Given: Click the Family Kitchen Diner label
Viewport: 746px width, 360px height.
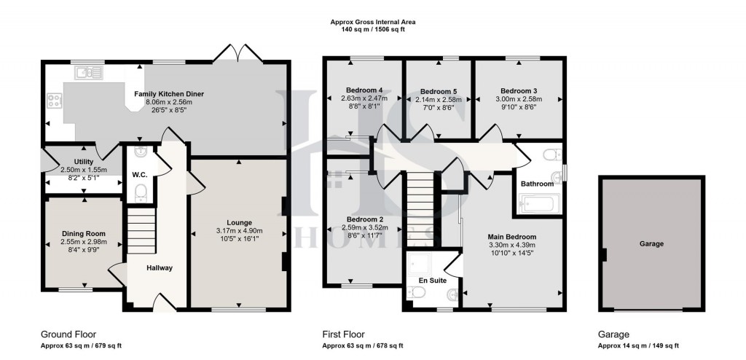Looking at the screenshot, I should [168, 94].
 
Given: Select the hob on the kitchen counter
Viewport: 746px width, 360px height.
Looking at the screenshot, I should [54, 101].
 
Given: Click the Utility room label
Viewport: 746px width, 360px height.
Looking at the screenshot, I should [84, 161].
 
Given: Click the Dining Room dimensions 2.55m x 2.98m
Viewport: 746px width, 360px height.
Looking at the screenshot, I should [83, 242].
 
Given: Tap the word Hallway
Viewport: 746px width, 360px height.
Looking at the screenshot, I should [159, 268].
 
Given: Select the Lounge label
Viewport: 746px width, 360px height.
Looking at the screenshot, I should [239, 222].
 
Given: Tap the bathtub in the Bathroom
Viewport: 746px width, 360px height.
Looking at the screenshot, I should [537, 205].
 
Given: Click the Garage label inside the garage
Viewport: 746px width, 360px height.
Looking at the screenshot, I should [651, 244].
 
